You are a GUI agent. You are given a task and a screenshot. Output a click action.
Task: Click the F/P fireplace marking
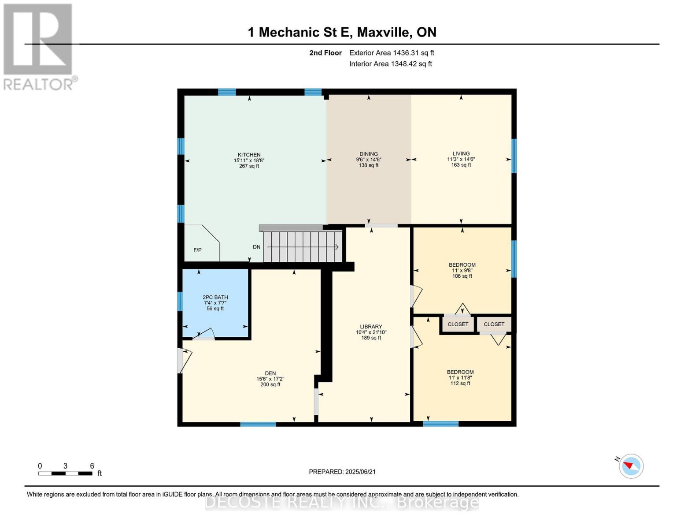[197, 250]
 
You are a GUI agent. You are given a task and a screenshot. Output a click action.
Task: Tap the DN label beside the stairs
[256, 247]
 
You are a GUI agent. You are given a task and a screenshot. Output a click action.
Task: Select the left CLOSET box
[458, 324]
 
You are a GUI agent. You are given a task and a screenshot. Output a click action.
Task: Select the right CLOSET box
[494, 324]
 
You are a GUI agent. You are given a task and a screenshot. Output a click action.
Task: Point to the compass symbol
[631, 466]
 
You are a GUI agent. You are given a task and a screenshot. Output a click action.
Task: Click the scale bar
[65, 473]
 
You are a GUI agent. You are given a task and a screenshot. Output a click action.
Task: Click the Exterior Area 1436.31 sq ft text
[392, 53]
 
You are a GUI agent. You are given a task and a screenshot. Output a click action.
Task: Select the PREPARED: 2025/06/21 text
[342, 472]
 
